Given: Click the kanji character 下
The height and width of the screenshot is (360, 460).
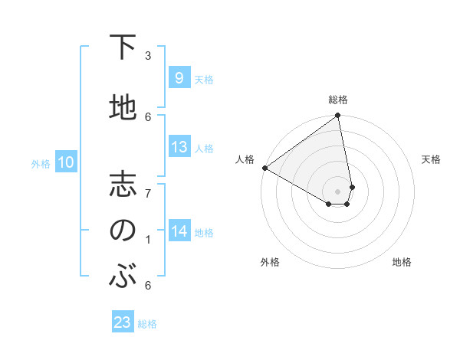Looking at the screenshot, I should click(x=123, y=49).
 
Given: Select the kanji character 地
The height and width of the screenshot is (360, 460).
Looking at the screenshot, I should click(x=123, y=109).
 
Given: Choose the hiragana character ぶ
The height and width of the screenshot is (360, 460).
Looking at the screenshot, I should click(x=123, y=277).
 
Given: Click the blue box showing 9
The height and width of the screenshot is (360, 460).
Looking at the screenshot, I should click(x=179, y=78).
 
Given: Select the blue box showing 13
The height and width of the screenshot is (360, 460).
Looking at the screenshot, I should click(x=179, y=147).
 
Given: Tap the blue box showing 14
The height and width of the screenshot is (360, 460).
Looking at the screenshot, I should click(x=179, y=231).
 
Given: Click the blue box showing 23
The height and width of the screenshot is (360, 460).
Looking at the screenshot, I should click(x=123, y=322).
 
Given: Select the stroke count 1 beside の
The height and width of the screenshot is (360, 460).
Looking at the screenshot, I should click(x=148, y=241).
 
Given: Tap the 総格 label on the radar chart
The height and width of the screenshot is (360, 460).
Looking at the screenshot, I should click(x=338, y=100).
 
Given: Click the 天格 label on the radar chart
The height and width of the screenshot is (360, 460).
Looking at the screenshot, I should click(x=432, y=159).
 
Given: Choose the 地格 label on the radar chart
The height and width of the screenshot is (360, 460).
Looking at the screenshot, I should click(x=402, y=262).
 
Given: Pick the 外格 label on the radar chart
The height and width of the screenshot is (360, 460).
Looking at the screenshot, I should click(x=270, y=262).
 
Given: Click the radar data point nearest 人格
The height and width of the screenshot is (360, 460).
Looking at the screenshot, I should click(x=264, y=168).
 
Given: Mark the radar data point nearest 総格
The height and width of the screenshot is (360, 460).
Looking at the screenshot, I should click(x=338, y=116).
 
